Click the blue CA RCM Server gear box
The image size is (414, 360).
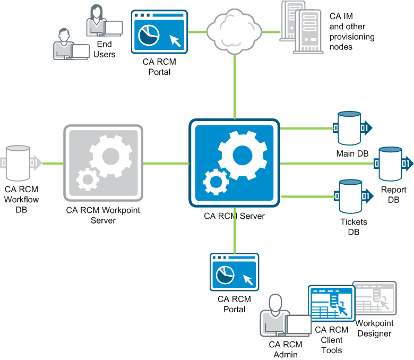pyautogui.click(x=234, y=163)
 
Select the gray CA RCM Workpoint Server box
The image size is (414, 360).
pyautogui.click(x=103, y=164)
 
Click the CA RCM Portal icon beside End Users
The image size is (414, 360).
pyautogui.click(x=159, y=32)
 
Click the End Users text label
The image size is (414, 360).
pyautogui.click(x=105, y=49)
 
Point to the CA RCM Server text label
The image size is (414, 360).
pyautogui.click(x=234, y=216)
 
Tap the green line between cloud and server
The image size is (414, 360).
pyautogui.click(x=234, y=85)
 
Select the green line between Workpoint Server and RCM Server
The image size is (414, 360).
pyautogui.click(x=166, y=163)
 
